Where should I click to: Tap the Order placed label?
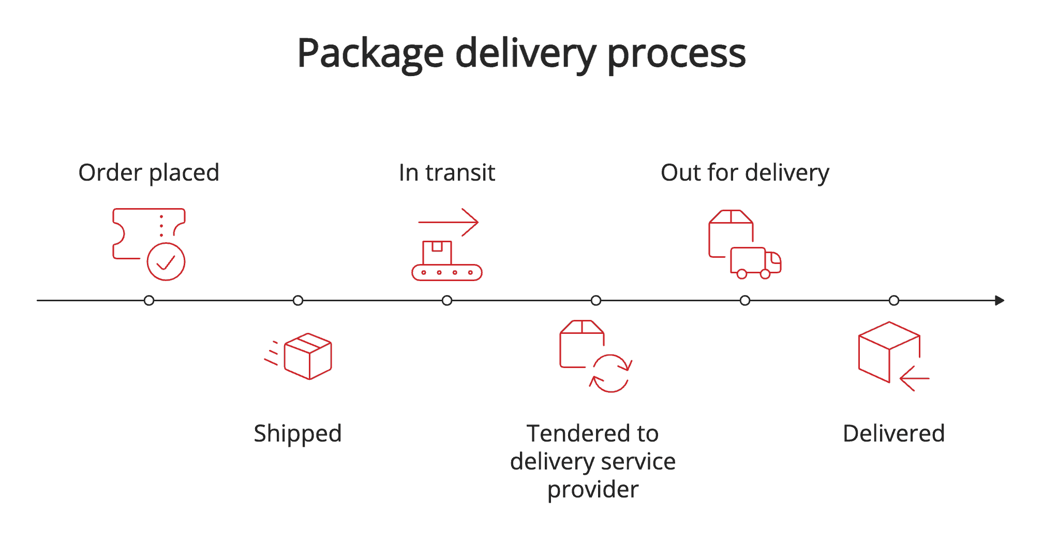(x=148, y=172)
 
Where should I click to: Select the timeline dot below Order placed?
(x=149, y=300)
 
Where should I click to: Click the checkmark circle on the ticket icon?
(x=166, y=262)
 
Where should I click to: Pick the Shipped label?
(x=297, y=433)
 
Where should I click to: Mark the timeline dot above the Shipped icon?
(x=298, y=300)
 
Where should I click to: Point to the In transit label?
(x=447, y=172)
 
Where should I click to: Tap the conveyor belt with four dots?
(x=447, y=272)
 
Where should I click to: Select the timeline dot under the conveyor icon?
(x=447, y=300)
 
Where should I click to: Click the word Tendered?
(x=573, y=433)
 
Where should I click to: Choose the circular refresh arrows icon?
(x=610, y=373)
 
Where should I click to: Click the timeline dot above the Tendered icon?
(x=596, y=300)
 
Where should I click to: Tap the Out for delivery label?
(x=744, y=172)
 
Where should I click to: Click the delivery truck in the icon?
(x=755, y=262)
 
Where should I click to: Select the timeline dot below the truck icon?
(x=745, y=300)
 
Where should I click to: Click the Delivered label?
(x=893, y=433)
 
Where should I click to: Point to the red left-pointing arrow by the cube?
(x=914, y=378)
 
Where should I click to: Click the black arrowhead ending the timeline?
(x=1000, y=300)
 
